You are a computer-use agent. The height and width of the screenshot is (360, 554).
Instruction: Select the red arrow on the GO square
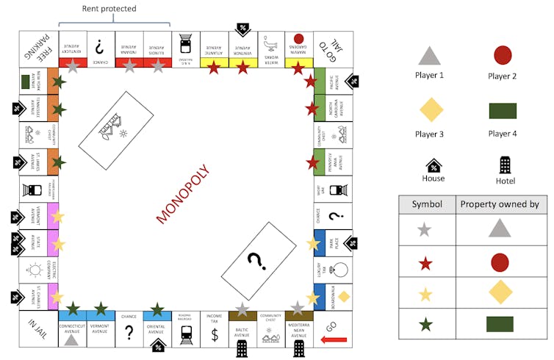334,340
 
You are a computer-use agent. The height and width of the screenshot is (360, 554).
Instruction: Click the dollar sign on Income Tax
215,335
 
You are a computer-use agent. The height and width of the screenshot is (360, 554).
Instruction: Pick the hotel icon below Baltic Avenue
242,348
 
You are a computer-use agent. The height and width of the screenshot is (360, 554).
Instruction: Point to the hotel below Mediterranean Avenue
298,348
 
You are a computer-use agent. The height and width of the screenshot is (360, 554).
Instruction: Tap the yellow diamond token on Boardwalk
343,295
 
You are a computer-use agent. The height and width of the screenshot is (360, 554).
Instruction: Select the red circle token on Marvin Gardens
298,38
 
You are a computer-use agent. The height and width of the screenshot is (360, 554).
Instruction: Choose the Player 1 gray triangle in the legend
430,55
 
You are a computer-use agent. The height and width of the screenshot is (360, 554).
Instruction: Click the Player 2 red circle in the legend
503,55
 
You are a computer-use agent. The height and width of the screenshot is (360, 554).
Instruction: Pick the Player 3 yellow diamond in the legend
430,110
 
